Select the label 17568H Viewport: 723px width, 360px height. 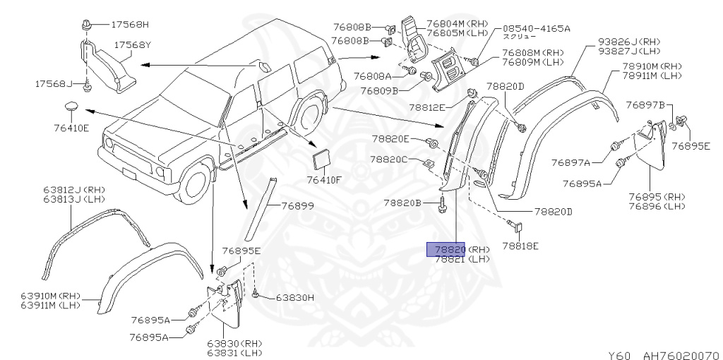click(x=130, y=25)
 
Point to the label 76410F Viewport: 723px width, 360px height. click(x=323, y=180)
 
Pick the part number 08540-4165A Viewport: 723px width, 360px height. click(x=536, y=28)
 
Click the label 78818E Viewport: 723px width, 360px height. click(x=520, y=246)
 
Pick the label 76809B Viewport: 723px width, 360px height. click(x=379, y=90)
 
